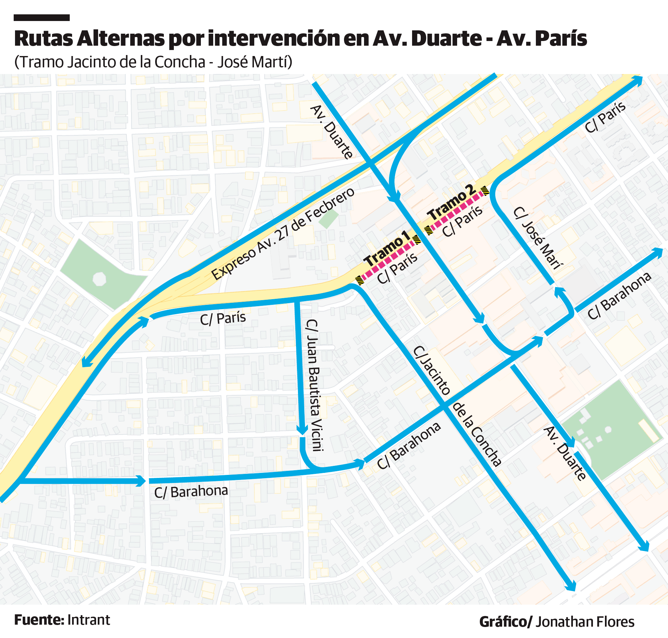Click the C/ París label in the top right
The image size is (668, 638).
[605, 117]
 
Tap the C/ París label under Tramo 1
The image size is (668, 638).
[397, 268]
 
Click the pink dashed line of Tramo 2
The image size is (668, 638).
[456, 211]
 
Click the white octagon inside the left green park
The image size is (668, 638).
[99, 279]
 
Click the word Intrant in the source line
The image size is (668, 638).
[88, 620]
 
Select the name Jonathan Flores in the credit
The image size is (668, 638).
[585, 622]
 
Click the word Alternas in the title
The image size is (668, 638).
[120, 39]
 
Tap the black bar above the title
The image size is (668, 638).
[41, 18]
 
